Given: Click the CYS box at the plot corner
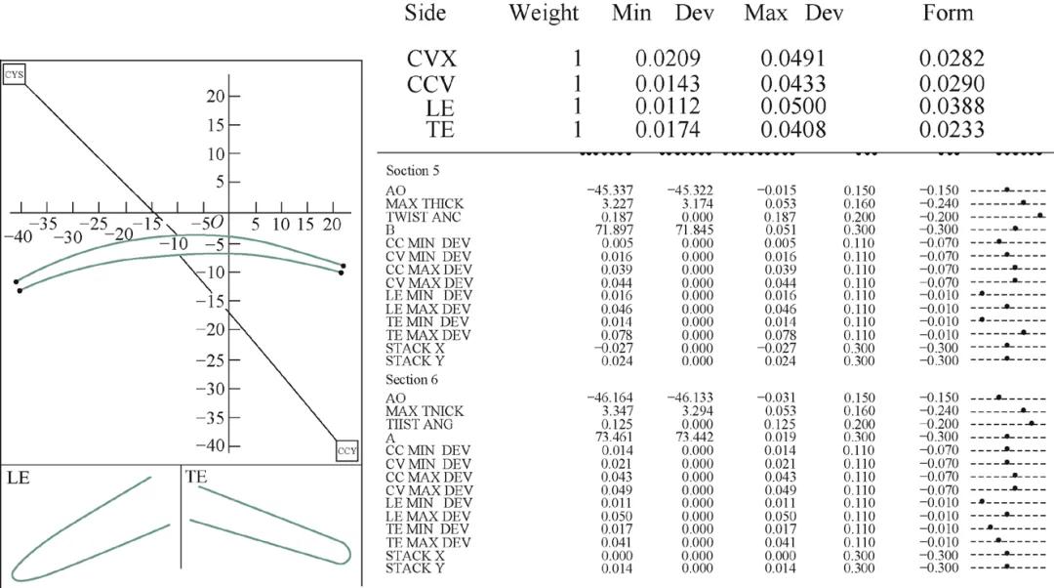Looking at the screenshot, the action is [14, 74].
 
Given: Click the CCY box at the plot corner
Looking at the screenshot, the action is [346, 450].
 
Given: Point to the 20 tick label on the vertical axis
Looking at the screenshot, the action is [216, 96].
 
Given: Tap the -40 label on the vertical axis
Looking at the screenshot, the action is [211, 445].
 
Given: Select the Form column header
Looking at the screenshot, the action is [948, 13].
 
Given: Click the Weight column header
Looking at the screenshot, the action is [544, 14].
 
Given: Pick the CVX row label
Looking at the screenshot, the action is [431, 60].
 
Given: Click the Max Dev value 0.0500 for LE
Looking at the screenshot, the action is [793, 106].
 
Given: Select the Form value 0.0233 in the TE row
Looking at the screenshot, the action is [952, 129].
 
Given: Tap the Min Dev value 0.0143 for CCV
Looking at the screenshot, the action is [668, 83].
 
